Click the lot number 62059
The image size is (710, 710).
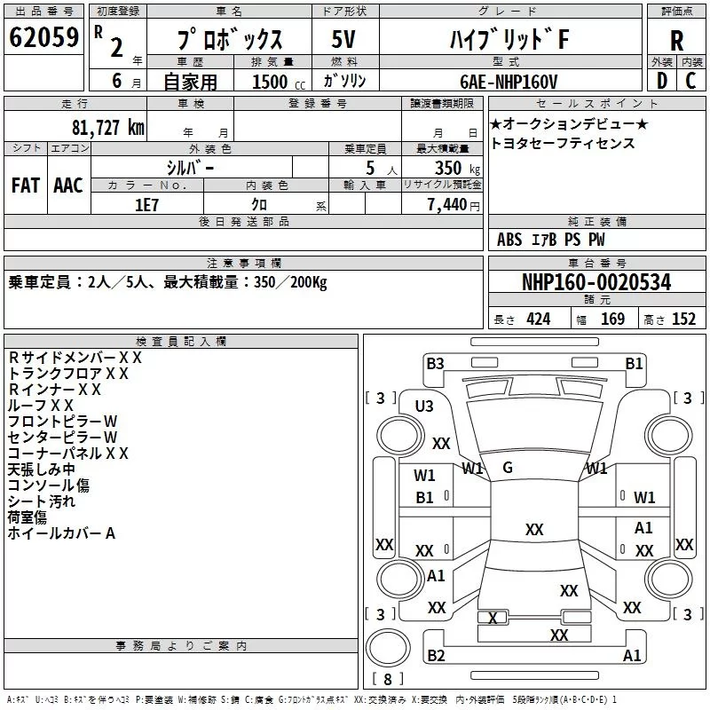pyautogui.click(x=43, y=37)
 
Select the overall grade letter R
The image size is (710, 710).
pyautogui.click(x=676, y=41)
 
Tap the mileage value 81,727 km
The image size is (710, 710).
pyautogui.click(x=108, y=128)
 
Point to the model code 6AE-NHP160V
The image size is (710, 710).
pyautogui.click(x=509, y=82)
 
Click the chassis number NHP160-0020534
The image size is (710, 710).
pyautogui.click(x=596, y=282)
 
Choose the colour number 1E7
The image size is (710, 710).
pyautogui.click(x=146, y=205)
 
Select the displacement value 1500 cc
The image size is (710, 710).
pyautogui.click(x=279, y=82)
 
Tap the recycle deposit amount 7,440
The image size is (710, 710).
pyautogui.click(x=447, y=205)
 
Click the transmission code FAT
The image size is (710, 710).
pyautogui.click(x=26, y=185)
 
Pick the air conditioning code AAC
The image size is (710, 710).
pyautogui.click(x=68, y=185)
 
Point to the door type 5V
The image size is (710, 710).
pyautogui.click(x=343, y=39)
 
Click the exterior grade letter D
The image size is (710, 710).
pyautogui.click(x=662, y=81)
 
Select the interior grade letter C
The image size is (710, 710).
pyautogui.click(x=690, y=81)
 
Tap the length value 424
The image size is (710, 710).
pyautogui.click(x=539, y=319)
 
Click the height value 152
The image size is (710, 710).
pyautogui.click(x=683, y=319)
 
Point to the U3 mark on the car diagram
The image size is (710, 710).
pyautogui.click(x=424, y=406)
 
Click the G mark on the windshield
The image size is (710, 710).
pyautogui.click(x=508, y=468)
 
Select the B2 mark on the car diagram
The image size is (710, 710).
pyautogui.click(x=436, y=655)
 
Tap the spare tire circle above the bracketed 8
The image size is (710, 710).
pyautogui.click(x=388, y=648)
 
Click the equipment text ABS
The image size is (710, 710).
pyautogui.click(x=509, y=240)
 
